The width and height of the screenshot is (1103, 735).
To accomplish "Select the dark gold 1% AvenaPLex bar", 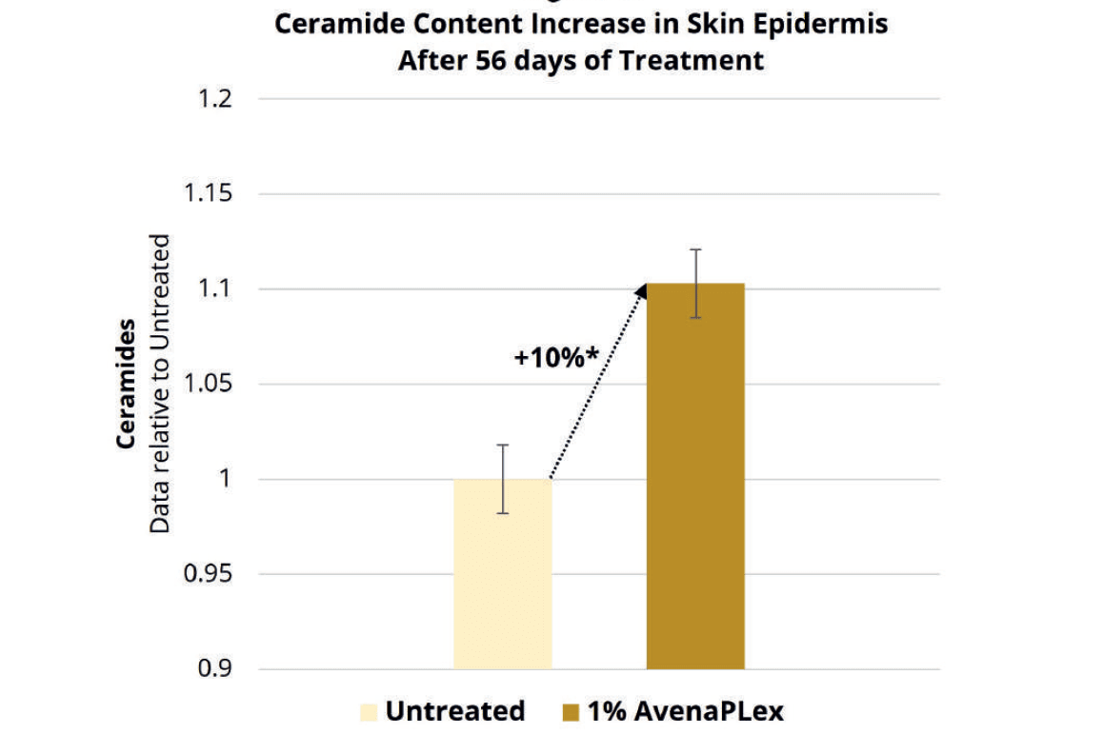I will (695, 476).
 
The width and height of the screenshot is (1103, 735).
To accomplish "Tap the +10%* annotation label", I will (556, 358).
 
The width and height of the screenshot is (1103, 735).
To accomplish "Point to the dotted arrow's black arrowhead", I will (639, 289).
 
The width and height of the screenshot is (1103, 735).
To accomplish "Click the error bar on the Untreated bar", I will (502, 478).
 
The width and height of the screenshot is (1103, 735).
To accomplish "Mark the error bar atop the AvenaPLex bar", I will (696, 284).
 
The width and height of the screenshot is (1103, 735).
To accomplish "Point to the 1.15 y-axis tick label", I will (209, 194).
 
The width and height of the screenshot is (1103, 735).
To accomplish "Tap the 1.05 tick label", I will (209, 385).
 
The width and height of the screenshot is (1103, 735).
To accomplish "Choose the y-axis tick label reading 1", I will (227, 479).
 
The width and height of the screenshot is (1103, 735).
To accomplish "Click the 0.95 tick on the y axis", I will (209, 574).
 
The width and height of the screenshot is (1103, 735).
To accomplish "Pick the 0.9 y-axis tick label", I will (215, 669).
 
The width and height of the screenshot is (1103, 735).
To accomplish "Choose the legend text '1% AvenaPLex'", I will (685, 711).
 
